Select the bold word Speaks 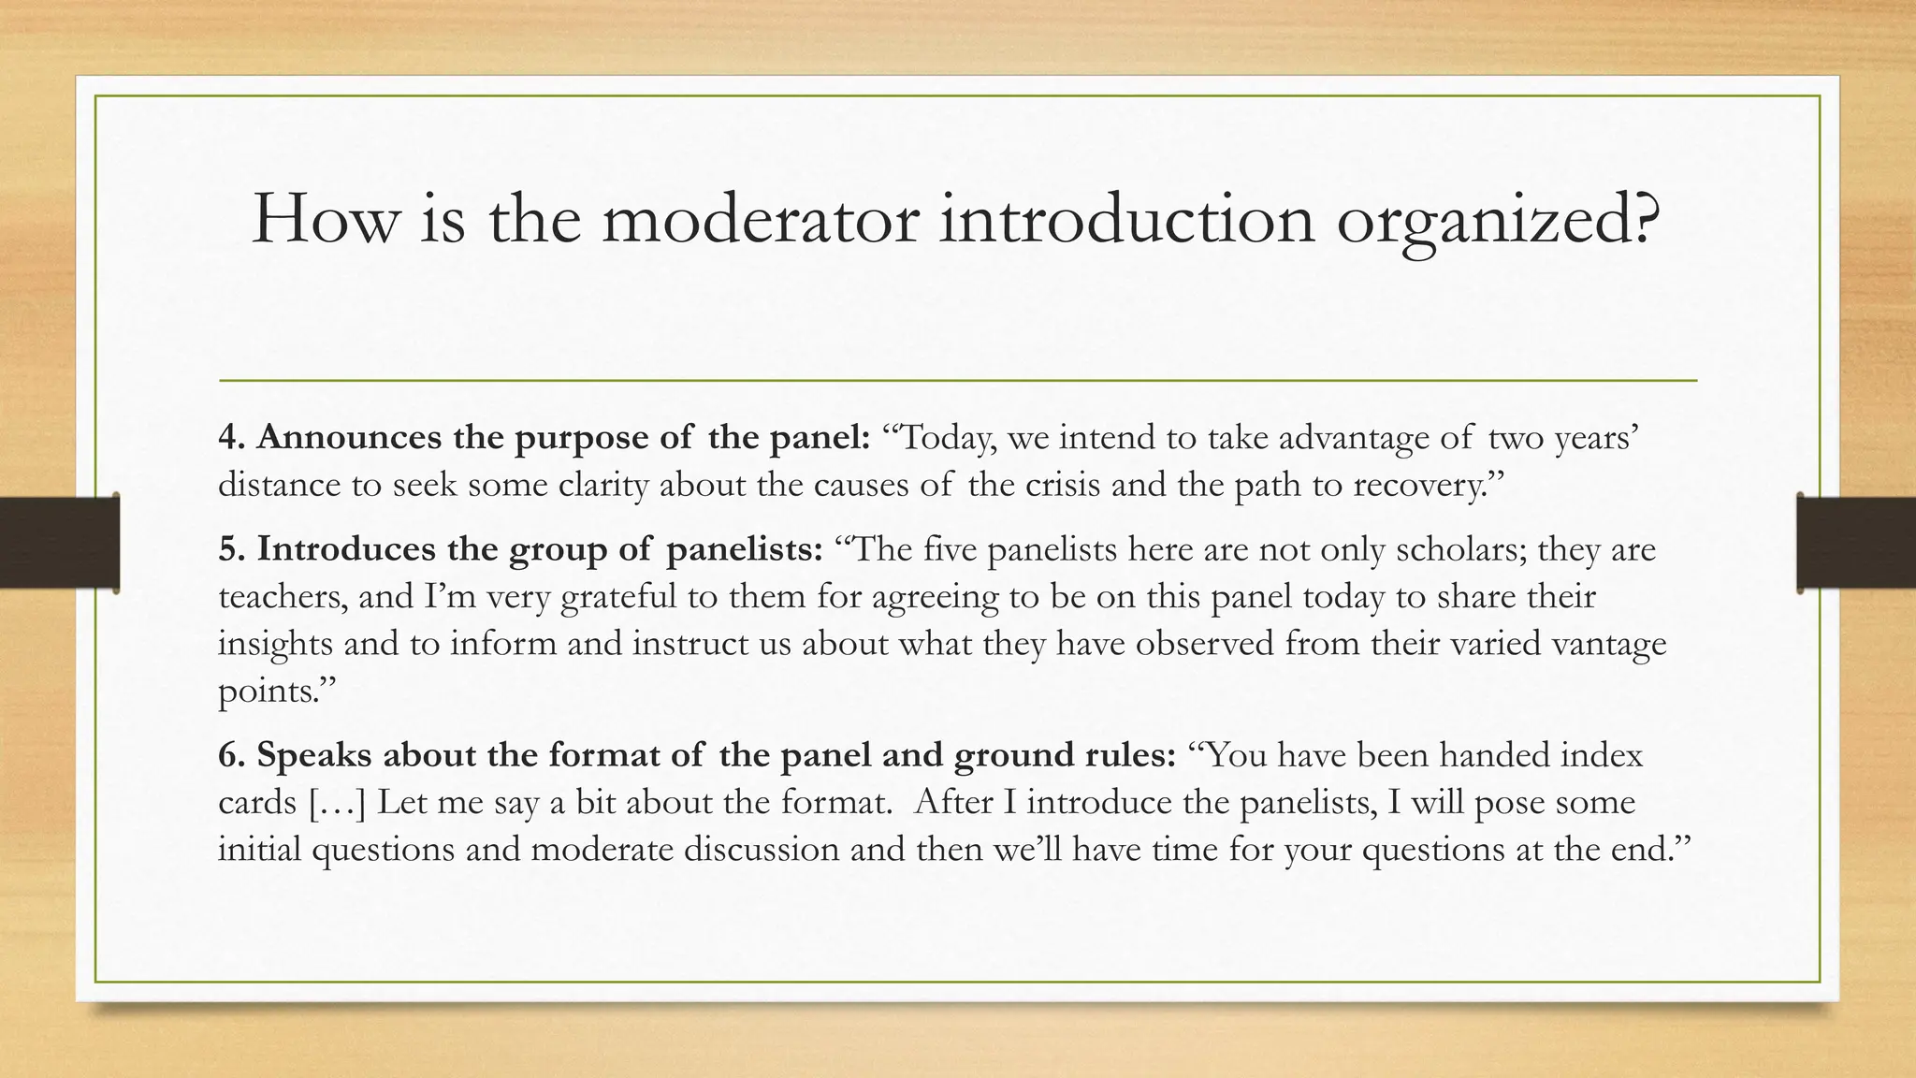[x=314, y=754]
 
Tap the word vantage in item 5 [x=1609, y=644]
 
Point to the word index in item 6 [x=1602, y=754]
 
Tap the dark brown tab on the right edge [x=1856, y=543]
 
